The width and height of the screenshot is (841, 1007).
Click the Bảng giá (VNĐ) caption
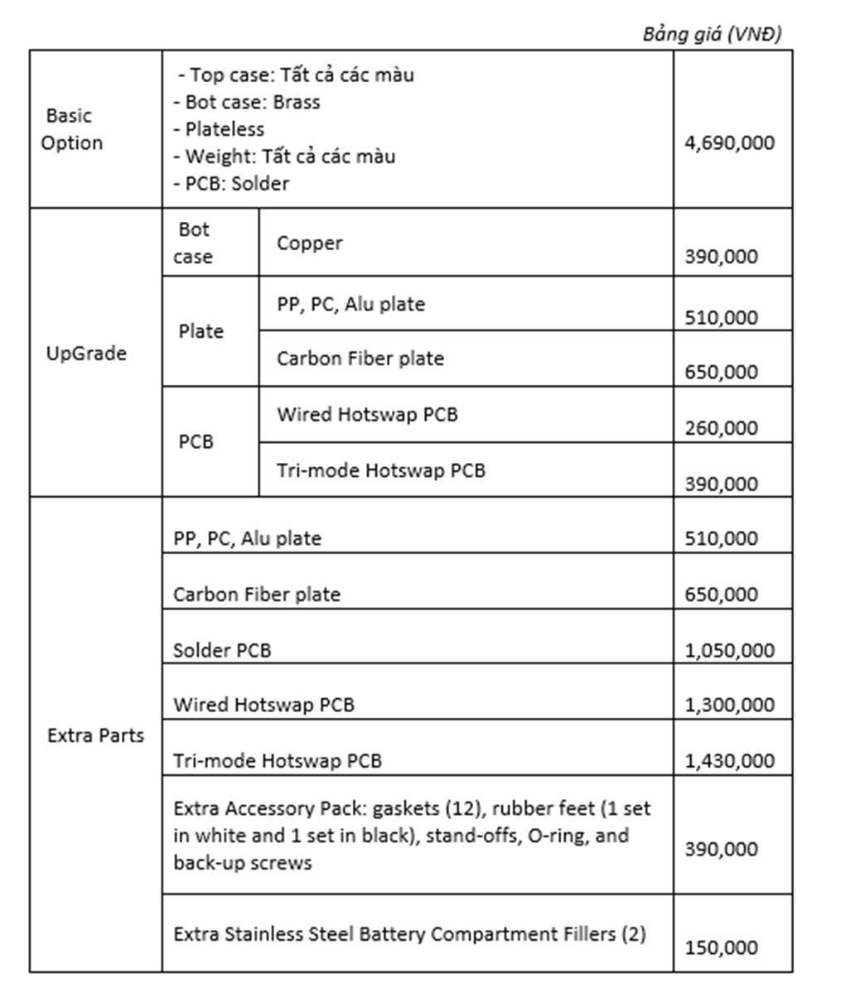(712, 34)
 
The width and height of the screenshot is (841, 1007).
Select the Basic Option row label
(71, 129)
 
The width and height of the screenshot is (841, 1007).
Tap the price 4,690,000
(729, 142)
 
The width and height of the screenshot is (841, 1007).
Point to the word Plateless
(225, 129)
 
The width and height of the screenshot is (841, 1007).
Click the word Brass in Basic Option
(297, 102)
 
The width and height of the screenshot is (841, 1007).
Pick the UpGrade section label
(86, 354)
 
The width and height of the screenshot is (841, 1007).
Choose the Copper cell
(309, 243)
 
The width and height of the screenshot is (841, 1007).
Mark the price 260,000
(721, 428)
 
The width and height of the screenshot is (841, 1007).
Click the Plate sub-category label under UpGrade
(201, 331)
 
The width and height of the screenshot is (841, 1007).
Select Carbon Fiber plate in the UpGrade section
(360, 359)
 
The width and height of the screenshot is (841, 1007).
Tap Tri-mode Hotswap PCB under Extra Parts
(277, 760)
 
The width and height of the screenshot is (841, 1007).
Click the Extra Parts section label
(95, 735)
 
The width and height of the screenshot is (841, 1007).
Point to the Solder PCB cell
(221, 650)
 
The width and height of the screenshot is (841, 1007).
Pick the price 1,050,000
(729, 650)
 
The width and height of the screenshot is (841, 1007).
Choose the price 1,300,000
(729, 705)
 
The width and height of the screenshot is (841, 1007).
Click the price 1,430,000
(729, 760)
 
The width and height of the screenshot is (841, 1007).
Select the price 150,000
(721, 947)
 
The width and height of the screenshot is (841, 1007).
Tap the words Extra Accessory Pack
(270, 808)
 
